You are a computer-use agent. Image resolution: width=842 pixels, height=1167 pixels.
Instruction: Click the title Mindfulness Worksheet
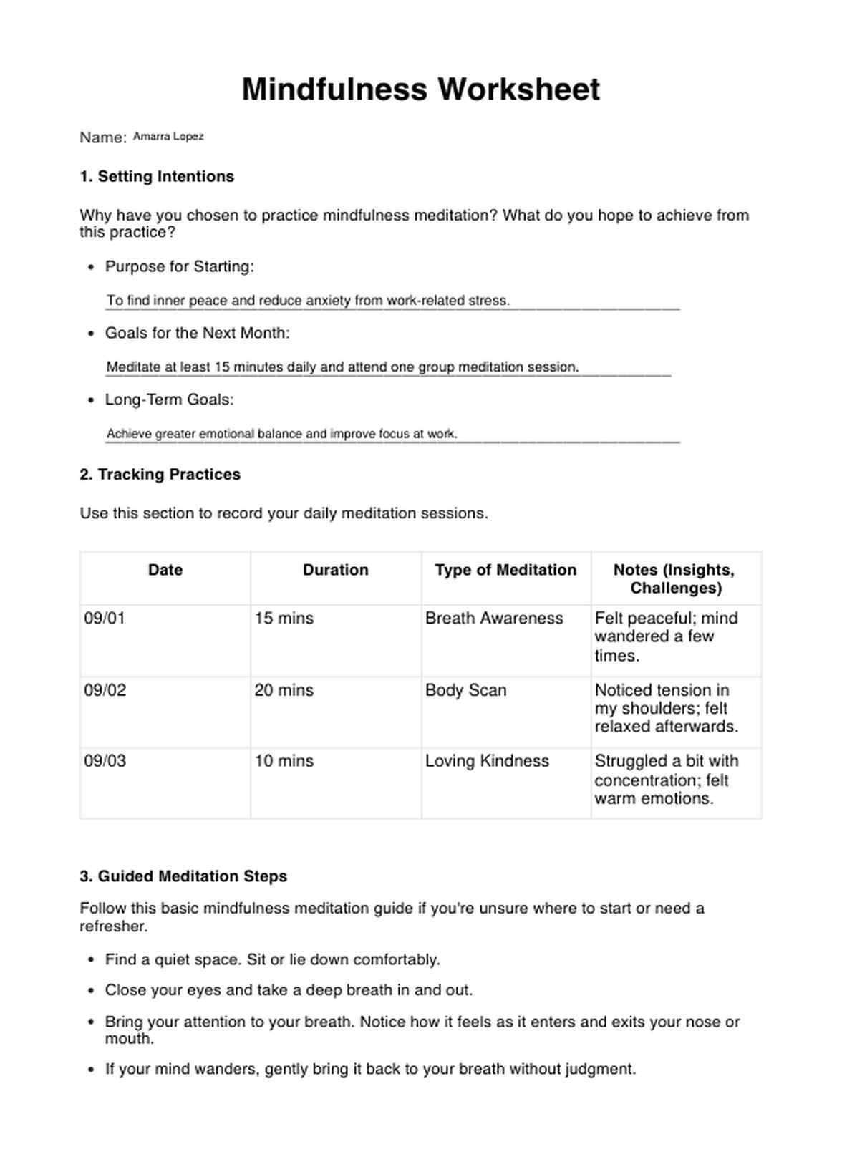420,89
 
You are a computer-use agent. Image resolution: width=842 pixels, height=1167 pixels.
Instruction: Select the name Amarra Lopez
168,136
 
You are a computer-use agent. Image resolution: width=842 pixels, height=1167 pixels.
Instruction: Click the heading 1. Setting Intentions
157,177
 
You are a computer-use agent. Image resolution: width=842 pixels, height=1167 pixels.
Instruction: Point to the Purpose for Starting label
179,266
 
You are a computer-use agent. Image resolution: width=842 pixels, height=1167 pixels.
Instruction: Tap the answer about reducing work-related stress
308,301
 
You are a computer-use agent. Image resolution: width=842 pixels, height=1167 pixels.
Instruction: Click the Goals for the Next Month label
197,333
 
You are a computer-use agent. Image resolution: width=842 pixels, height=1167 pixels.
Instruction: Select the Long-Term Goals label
169,400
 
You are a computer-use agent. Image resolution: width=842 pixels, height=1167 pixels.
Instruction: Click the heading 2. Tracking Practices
160,475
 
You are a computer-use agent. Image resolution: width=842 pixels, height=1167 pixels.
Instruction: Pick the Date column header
165,570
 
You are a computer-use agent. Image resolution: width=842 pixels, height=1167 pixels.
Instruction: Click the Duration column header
335,570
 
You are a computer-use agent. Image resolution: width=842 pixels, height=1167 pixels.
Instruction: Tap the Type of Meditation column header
505,570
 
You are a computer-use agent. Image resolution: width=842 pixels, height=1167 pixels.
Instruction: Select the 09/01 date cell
105,619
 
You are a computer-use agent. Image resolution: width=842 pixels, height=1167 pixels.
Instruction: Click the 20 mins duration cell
284,691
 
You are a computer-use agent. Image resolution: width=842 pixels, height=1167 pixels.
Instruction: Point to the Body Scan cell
465,691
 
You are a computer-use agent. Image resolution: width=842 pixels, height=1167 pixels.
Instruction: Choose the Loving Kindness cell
487,761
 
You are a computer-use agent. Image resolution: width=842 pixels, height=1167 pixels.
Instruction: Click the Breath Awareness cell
494,619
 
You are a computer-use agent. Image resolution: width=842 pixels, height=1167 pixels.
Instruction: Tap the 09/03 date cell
105,761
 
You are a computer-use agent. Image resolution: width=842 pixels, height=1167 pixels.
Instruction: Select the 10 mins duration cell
284,761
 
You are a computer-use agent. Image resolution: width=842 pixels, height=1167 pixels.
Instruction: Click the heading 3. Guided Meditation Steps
183,876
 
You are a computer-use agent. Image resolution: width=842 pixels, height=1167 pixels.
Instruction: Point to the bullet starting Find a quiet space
272,959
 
